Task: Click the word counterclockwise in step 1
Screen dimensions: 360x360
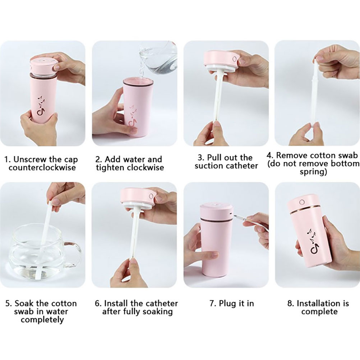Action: [x=42, y=167]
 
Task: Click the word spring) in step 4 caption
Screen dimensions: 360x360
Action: [x=313, y=172]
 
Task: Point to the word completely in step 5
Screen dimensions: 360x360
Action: [x=42, y=320]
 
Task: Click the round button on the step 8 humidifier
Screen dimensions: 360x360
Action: [x=302, y=202]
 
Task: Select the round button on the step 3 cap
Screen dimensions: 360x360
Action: [x=235, y=59]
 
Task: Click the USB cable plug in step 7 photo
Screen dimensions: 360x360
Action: [x=240, y=217]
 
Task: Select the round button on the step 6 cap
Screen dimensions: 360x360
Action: [x=151, y=197]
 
